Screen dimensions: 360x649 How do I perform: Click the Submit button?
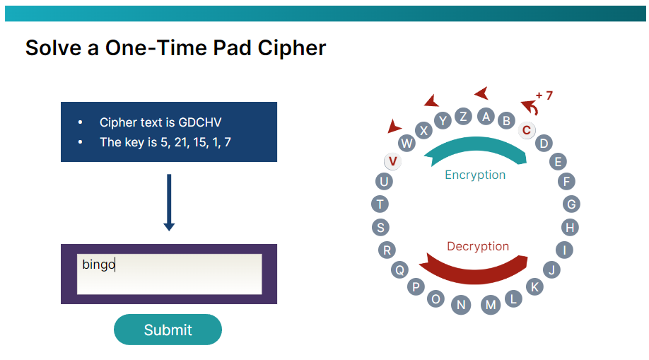pos(168,330)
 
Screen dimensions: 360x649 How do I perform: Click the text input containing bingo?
pos(169,274)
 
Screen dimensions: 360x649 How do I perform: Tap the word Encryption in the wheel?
pos(475,175)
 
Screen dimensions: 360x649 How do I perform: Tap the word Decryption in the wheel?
pos(477,246)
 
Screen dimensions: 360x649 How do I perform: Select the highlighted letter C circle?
pos(526,130)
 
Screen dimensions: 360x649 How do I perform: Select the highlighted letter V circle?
pos(393,161)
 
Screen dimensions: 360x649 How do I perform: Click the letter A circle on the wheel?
pos(486,117)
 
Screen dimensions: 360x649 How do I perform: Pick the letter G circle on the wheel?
pos(572,204)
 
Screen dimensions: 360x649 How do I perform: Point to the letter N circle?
pos(461,305)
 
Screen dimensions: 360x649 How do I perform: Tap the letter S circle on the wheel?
pos(381,227)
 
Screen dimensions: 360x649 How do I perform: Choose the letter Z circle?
pos(463,117)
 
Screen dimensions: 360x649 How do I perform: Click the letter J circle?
pos(552,269)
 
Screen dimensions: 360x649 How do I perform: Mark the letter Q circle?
pos(400,269)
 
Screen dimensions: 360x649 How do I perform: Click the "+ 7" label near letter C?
pos(544,95)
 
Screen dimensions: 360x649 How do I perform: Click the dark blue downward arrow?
pos(168,202)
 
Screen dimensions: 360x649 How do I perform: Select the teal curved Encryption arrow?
pos(476,149)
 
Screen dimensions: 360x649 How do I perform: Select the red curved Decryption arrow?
pos(481,268)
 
